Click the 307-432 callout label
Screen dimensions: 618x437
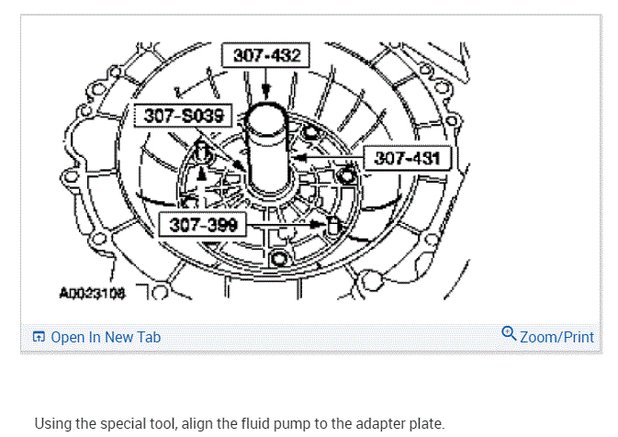[266, 55]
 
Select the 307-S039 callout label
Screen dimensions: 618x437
[184, 116]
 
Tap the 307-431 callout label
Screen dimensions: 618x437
[407, 158]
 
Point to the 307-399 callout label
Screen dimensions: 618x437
[203, 225]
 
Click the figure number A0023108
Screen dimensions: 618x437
[92, 293]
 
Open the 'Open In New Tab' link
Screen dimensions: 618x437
[106, 337]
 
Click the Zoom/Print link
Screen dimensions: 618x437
[556, 337]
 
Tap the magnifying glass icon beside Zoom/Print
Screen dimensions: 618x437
[509, 334]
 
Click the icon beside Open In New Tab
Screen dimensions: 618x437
[39, 337]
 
